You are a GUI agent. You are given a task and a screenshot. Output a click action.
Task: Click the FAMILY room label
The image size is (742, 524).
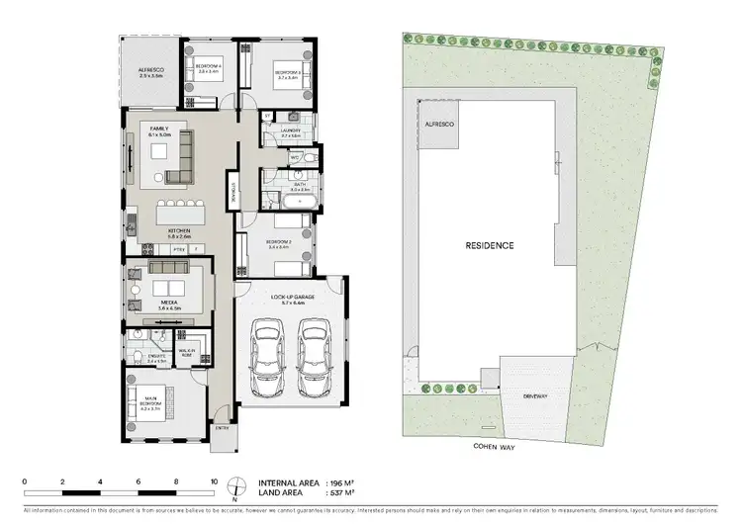[159, 130]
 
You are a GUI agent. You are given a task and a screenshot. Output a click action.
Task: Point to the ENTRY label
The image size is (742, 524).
[222, 427]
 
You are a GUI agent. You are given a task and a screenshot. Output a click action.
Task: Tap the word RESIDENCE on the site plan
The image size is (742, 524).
[490, 245]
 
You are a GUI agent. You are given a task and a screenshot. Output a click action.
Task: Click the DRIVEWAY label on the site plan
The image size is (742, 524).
[536, 396]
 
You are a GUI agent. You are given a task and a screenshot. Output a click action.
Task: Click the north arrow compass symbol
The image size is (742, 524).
[236, 486]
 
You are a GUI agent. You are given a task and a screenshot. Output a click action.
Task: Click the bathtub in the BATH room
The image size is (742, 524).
[294, 203]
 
